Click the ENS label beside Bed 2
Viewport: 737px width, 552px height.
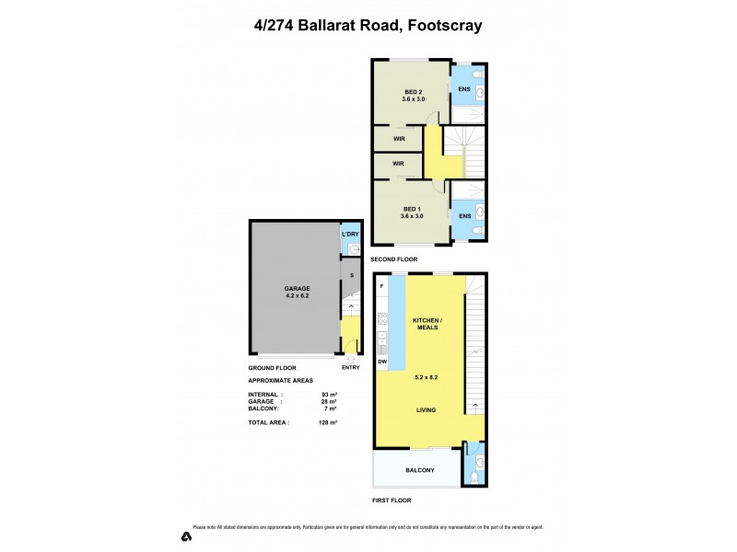[464, 88]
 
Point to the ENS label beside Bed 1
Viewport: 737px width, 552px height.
[464, 216]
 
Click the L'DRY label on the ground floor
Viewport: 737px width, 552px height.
[350, 235]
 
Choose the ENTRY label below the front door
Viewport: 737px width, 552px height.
[350, 368]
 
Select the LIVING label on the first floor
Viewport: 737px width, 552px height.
[426, 410]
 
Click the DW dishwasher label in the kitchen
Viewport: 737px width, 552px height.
[381, 362]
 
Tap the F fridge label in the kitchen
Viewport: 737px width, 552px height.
[381, 288]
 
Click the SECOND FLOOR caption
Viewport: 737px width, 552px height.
[395, 259]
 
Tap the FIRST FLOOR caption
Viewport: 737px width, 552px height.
[392, 500]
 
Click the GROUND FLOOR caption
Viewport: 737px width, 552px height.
[272, 368]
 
